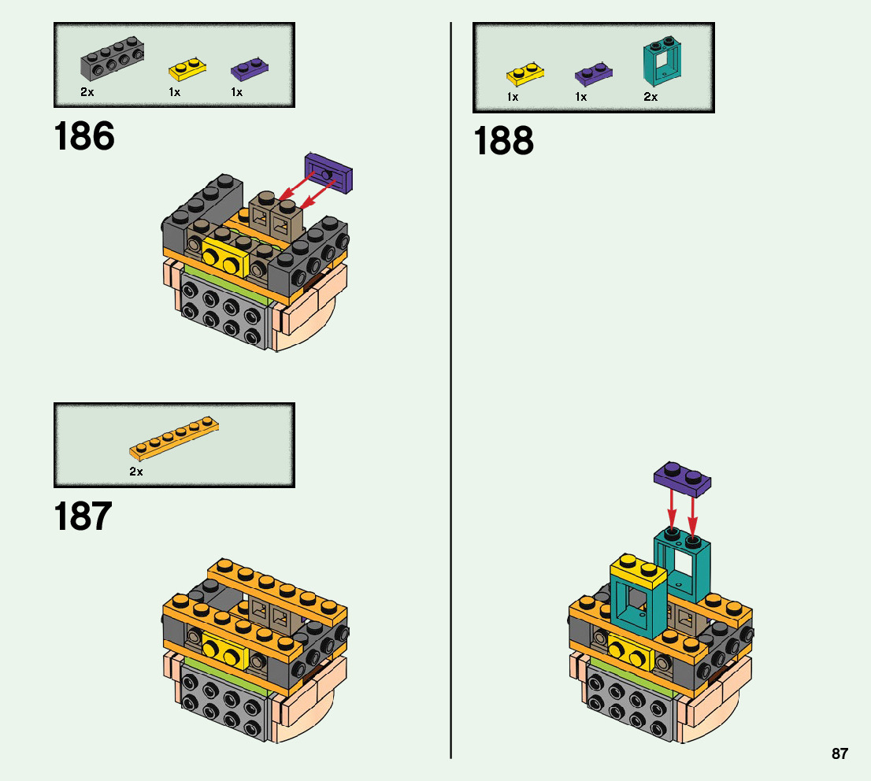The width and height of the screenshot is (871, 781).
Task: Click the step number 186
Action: click(84, 137)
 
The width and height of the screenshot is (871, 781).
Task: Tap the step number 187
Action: click(83, 517)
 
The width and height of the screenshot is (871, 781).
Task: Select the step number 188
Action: click(503, 143)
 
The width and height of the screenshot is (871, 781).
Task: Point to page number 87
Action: click(839, 753)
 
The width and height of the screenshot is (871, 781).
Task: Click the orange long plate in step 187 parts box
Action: click(174, 439)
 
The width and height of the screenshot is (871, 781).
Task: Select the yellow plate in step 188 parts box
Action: click(526, 76)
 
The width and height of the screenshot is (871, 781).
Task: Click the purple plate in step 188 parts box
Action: click(594, 75)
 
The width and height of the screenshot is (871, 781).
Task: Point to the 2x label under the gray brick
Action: click(87, 92)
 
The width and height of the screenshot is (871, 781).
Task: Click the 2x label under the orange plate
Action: click(136, 472)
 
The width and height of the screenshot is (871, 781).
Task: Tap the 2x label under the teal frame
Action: click(650, 97)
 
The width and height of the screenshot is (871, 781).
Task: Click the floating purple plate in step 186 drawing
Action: click(328, 173)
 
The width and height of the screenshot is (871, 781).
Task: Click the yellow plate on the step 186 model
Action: click(225, 255)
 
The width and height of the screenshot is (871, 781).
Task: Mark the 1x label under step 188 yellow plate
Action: click(513, 97)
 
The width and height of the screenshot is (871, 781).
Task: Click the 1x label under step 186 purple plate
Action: click(236, 92)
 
